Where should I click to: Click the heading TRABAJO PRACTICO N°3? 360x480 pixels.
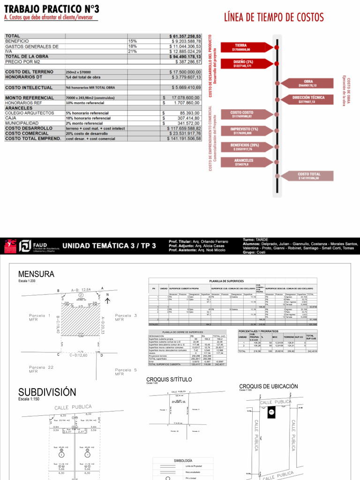coord(51,9)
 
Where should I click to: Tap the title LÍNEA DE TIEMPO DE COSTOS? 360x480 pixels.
coord(274,17)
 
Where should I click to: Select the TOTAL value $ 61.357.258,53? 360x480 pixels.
coord(185,36)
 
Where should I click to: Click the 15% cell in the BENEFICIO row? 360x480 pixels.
coord(133,41)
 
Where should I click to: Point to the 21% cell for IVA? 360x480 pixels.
coord(133,52)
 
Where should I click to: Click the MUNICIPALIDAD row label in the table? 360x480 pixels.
coord(23,123)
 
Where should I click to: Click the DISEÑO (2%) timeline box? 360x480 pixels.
coord(243,64)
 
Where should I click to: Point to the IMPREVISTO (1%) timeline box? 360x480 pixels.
coord(244,131)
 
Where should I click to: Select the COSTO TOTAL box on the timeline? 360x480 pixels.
coord(308,176)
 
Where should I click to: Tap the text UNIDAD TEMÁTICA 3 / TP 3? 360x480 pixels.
coord(109,246)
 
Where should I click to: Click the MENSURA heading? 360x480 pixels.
coord(36,274)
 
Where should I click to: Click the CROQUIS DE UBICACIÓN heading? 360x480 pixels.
coord(268,387)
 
